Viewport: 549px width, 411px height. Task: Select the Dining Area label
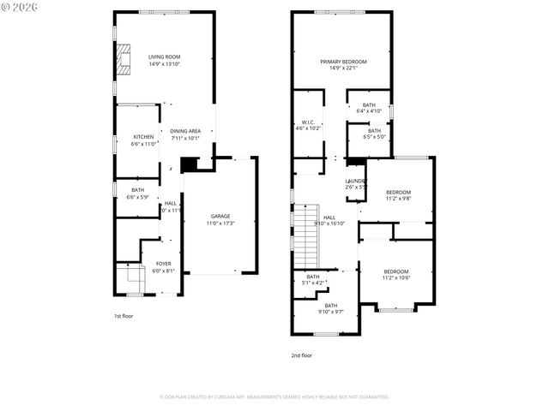[x=185, y=131]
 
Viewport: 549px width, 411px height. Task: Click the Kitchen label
[x=143, y=137]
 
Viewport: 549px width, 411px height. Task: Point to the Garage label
[x=220, y=216]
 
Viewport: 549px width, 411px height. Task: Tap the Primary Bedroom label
[x=343, y=62]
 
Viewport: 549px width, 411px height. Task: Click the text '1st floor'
[x=124, y=316]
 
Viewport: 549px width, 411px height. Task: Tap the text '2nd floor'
[x=301, y=354]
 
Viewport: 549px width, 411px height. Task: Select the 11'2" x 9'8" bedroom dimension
[x=397, y=199]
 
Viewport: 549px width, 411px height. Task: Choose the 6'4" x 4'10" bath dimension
[x=369, y=111]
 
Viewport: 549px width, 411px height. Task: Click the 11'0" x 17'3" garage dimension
[x=220, y=223]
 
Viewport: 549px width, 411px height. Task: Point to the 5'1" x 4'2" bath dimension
[x=313, y=283]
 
